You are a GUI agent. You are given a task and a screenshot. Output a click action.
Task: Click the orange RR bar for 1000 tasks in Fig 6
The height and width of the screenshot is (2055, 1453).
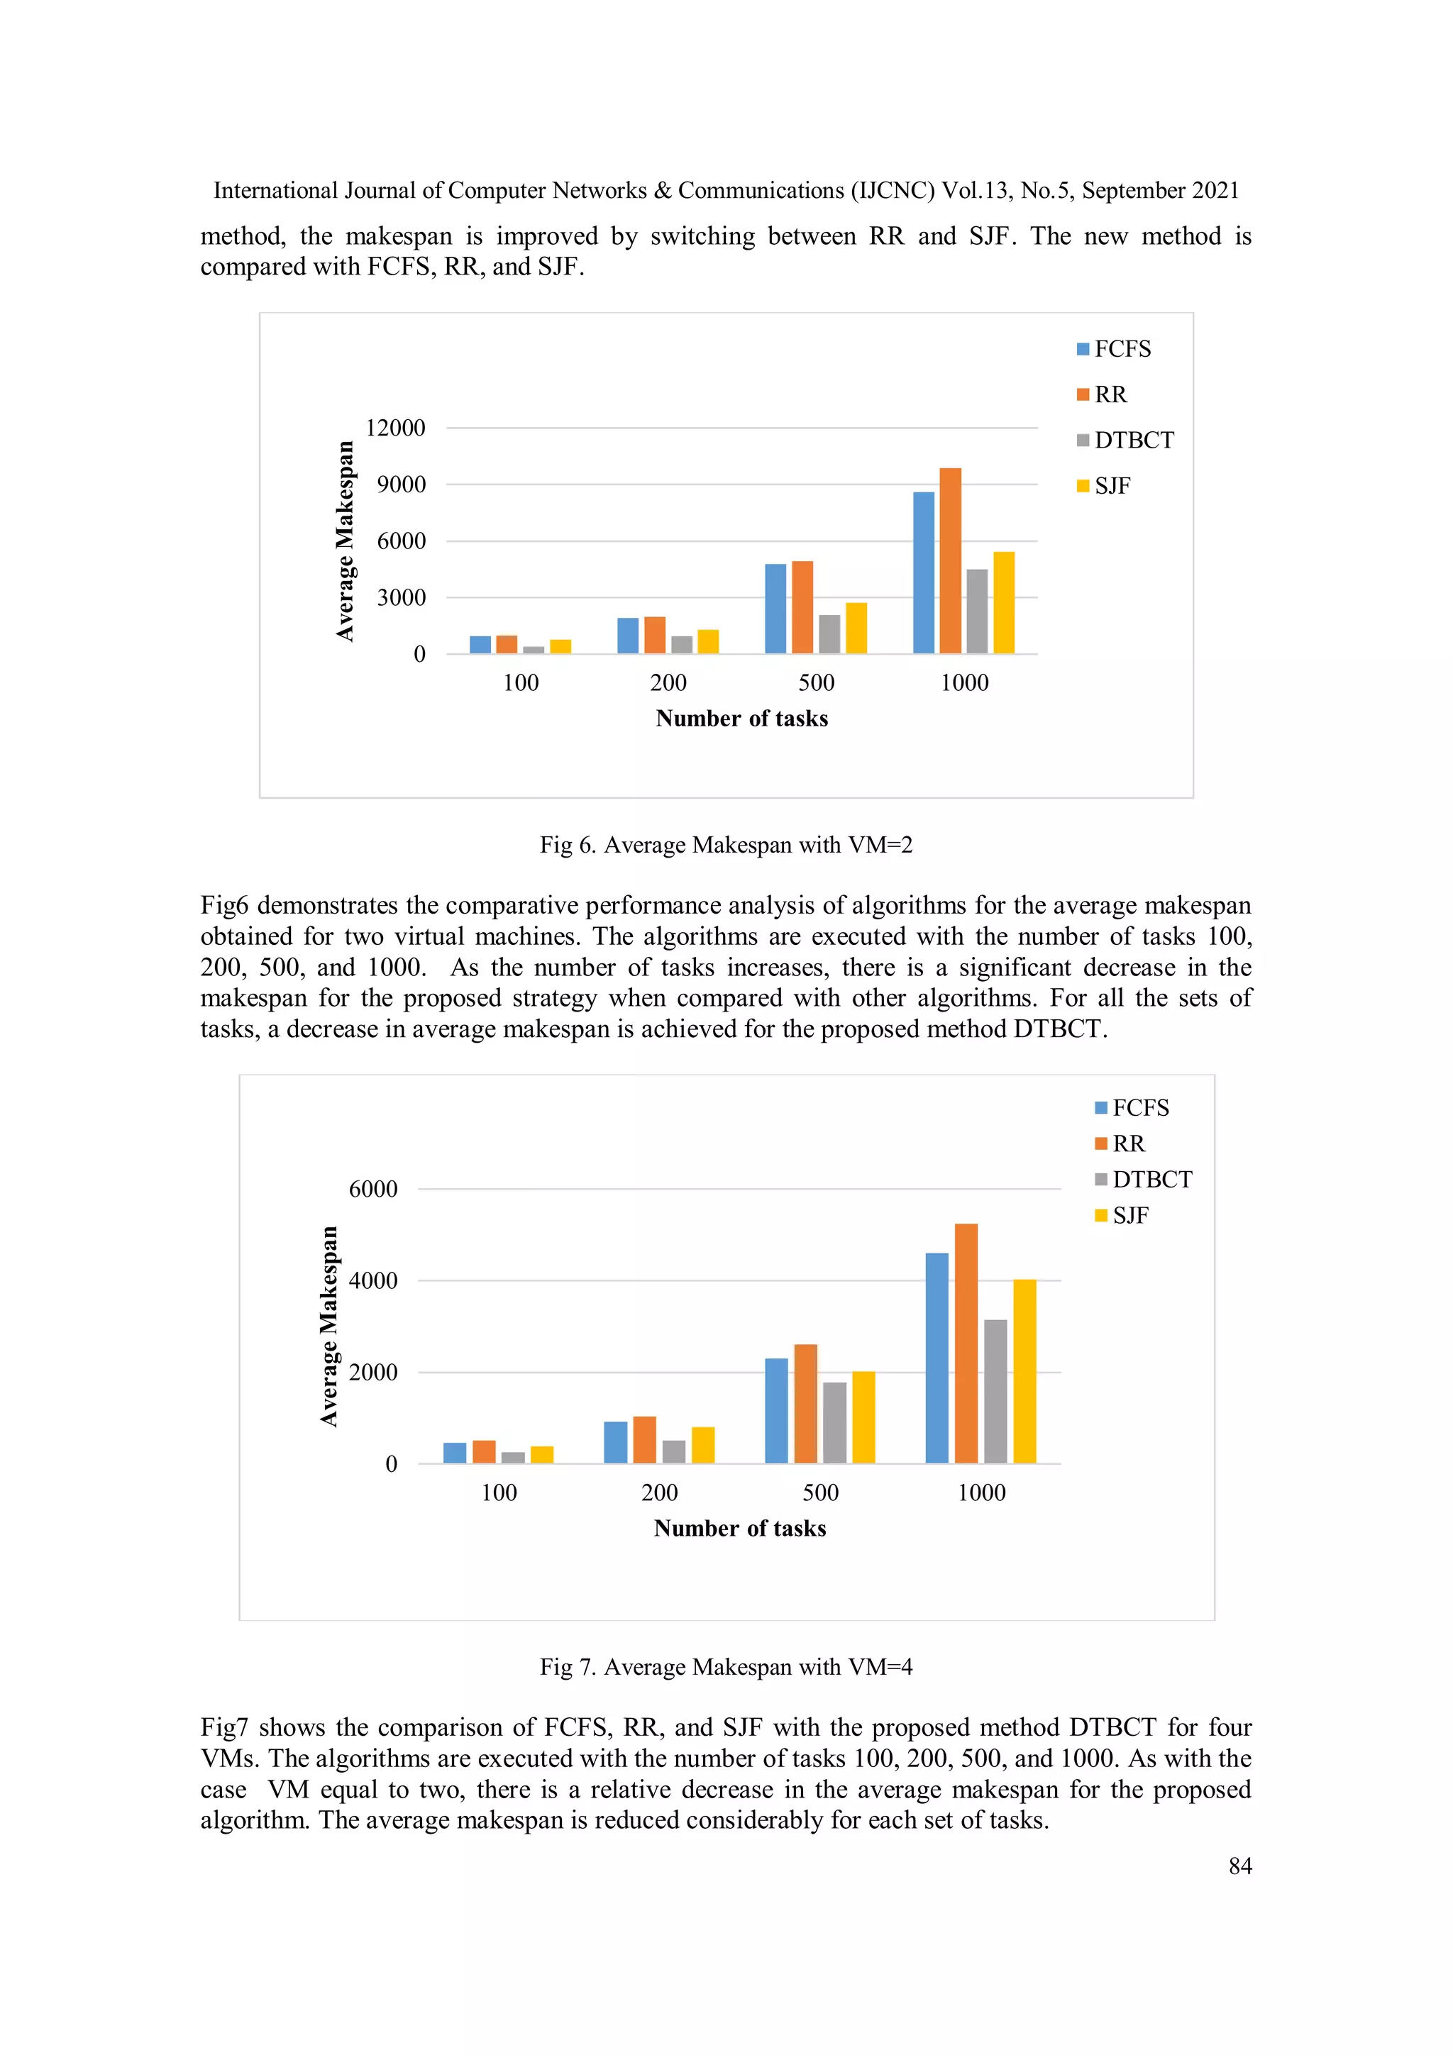[x=950, y=561]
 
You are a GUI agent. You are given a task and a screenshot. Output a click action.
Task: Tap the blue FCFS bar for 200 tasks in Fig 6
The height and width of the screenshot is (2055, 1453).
[x=628, y=636]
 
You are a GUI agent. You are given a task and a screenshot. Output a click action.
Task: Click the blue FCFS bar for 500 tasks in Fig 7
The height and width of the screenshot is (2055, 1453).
[x=776, y=1411]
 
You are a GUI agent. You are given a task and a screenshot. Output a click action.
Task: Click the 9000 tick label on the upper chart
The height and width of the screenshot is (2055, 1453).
[x=400, y=484]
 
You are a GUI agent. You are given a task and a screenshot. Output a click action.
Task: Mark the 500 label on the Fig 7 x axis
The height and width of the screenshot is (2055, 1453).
[x=820, y=1492]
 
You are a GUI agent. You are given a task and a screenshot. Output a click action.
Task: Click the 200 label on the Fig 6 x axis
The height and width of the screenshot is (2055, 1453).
[x=668, y=683]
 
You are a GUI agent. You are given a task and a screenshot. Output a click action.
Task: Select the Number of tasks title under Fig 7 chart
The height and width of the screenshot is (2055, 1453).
[x=739, y=1528]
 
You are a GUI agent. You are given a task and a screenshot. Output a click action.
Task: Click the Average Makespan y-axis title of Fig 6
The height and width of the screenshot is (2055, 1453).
[x=345, y=541]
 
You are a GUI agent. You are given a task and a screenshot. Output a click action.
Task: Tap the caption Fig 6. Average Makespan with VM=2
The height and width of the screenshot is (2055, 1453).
[x=725, y=845]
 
